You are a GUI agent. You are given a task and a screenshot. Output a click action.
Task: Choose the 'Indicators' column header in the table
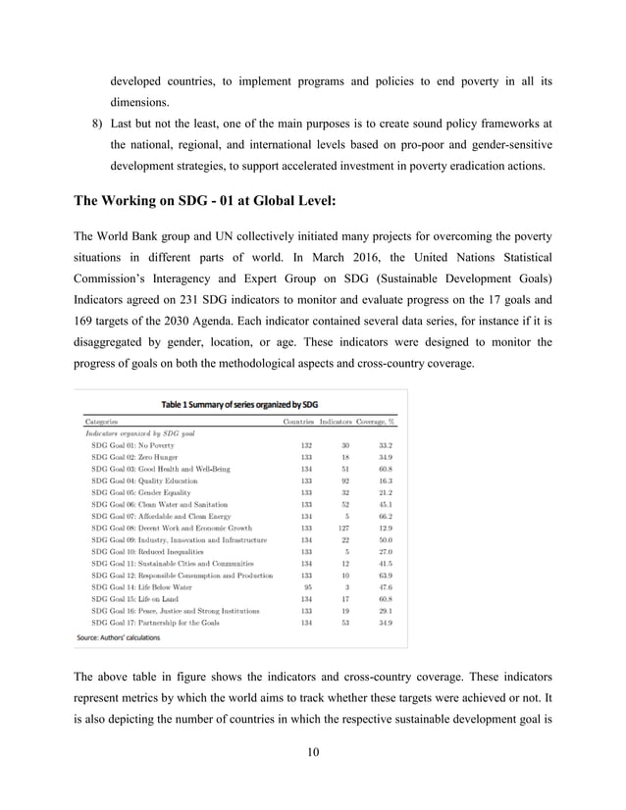click(342, 421)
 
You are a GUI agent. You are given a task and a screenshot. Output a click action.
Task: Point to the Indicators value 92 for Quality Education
click(346, 481)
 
